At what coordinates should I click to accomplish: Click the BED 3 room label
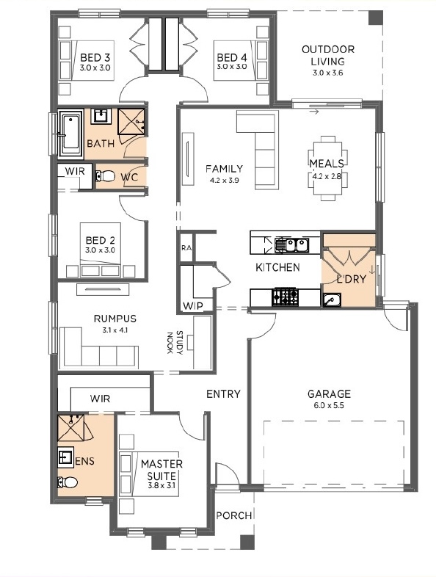(x=95, y=58)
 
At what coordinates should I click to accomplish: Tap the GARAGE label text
(x=329, y=394)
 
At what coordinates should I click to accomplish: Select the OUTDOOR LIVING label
(x=328, y=55)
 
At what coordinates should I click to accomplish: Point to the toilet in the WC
(x=105, y=176)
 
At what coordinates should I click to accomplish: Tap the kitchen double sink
(x=292, y=244)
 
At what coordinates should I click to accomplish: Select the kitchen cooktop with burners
(x=284, y=297)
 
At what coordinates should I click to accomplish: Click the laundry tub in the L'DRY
(x=332, y=300)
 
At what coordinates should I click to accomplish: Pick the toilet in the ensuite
(x=68, y=482)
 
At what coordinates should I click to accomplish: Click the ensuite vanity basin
(x=66, y=457)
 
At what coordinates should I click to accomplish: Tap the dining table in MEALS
(x=327, y=169)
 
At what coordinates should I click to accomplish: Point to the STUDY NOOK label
(x=175, y=343)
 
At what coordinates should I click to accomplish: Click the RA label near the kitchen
(x=186, y=248)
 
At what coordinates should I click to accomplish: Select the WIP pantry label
(x=193, y=306)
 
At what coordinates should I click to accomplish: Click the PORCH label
(x=234, y=515)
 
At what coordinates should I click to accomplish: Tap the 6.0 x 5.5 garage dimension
(x=329, y=406)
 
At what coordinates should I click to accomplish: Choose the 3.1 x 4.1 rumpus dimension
(x=115, y=330)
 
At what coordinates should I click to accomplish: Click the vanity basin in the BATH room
(x=99, y=115)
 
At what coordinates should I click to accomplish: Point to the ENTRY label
(x=223, y=394)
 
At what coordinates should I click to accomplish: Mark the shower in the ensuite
(x=71, y=427)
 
